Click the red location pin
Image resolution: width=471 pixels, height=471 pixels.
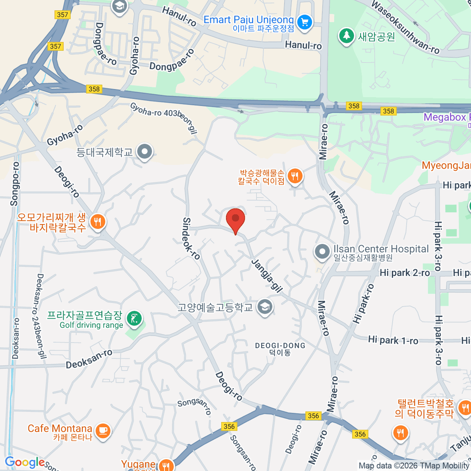coord(235,219)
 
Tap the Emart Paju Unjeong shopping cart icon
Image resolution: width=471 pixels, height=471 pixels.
coord(305,22)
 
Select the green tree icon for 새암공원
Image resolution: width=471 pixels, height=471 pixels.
coord(346,36)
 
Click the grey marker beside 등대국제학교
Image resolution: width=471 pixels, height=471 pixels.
coord(145,152)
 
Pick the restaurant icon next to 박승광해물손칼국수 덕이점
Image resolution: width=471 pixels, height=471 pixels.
coord(295,176)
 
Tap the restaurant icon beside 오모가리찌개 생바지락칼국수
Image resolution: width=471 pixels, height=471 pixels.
coord(97,222)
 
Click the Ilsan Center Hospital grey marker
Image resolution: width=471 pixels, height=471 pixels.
coord(322,252)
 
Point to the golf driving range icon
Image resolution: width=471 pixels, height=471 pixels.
coord(134,319)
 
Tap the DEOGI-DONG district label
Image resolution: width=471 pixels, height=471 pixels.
coord(280,346)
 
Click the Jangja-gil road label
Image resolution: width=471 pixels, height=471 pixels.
coord(267,276)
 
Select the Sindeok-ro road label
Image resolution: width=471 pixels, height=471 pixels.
coord(191,239)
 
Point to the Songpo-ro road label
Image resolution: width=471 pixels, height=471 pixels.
coord(15,184)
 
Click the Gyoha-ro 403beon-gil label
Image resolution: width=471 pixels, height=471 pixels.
coord(163,117)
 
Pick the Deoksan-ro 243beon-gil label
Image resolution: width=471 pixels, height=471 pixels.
coord(41,316)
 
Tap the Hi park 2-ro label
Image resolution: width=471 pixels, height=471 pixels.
coord(405,273)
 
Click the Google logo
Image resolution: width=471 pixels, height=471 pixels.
coord(25,462)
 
